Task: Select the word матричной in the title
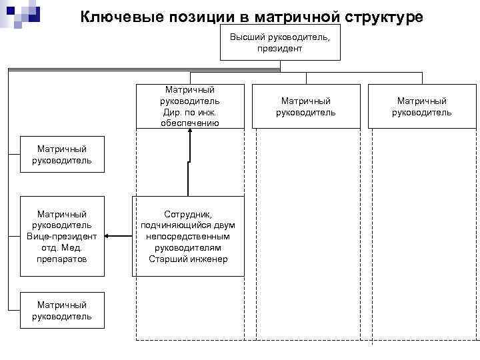coord(294,16)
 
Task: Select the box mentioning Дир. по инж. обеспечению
coord(189,106)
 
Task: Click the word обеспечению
coord(189,123)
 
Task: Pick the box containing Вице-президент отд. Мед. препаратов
coord(62,236)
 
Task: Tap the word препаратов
coord(62,259)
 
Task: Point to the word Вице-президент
coord(62,237)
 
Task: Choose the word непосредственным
coord(188,236)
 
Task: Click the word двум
coord(224,225)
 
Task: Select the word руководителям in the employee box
coord(188,247)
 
